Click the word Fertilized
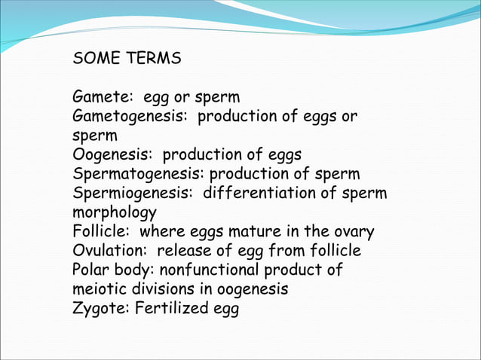(167, 309)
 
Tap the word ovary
(354, 232)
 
